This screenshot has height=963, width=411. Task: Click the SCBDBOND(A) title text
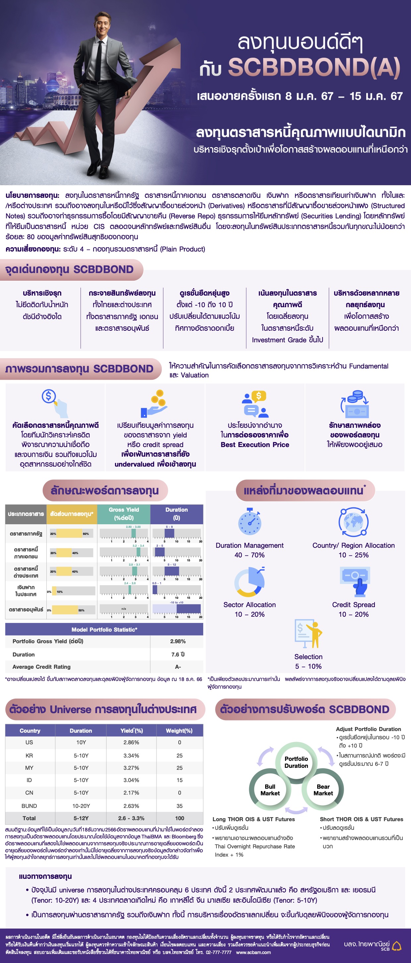[314, 68]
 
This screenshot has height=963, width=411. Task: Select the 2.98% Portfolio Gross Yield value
[178, 641]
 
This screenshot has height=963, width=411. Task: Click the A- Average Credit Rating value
[178, 666]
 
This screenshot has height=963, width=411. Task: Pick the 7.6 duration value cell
[178, 654]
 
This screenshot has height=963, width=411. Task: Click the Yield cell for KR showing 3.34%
[131, 756]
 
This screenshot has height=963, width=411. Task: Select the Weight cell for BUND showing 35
[180, 806]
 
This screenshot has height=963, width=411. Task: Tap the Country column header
[30, 730]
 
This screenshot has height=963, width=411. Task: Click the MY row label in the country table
[29, 768]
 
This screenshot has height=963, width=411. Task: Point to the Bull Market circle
[270, 790]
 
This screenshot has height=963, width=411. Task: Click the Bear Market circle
[323, 790]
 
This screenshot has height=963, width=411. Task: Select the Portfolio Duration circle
[296, 762]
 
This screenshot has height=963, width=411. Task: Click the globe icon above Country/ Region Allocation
[353, 522]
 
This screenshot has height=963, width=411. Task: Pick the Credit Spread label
[353, 604]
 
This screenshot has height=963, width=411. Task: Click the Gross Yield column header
[124, 514]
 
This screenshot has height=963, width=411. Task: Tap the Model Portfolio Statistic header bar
[104, 630]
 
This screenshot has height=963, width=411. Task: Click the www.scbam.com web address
[253, 952]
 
